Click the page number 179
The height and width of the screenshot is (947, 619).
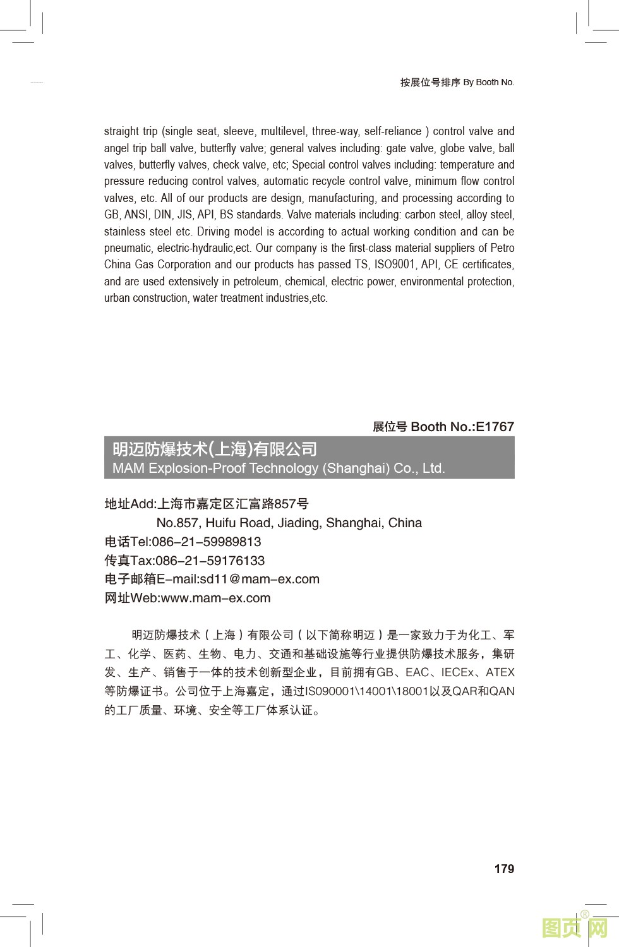tap(504, 869)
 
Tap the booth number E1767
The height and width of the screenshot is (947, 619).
tap(495, 427)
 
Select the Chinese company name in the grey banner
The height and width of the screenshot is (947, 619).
tap(215, 449)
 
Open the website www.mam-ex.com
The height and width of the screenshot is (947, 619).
tap(215, 598)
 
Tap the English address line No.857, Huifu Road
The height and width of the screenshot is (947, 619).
tap(289, 523)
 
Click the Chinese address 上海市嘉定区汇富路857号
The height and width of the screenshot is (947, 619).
tap(232, 504)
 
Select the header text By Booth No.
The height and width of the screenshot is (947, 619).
tap(488, 82)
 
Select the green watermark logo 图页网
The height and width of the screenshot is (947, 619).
tap(574, 927)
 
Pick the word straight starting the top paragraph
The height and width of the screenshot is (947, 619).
tap(121, 131)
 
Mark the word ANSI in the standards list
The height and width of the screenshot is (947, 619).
tap(136, 215)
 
